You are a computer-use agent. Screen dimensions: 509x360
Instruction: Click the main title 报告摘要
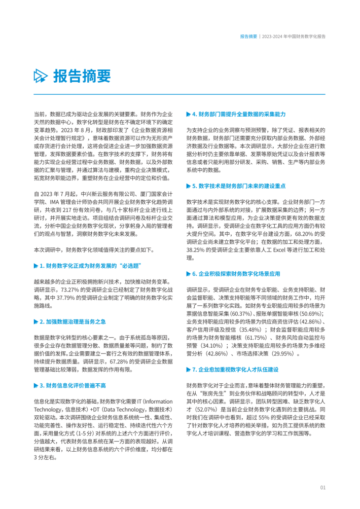(x=82, y=76)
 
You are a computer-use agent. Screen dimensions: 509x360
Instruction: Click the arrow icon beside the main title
(x=41, y=77)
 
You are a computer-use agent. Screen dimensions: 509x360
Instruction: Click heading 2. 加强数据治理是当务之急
(x=76, y=321)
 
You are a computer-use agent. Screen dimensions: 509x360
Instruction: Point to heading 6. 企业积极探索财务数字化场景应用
(x=236, y=274)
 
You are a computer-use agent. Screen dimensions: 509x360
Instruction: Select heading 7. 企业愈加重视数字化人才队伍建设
(x=236, y=370)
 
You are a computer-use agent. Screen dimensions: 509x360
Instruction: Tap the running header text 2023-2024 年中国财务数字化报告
(x=295, y=37)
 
